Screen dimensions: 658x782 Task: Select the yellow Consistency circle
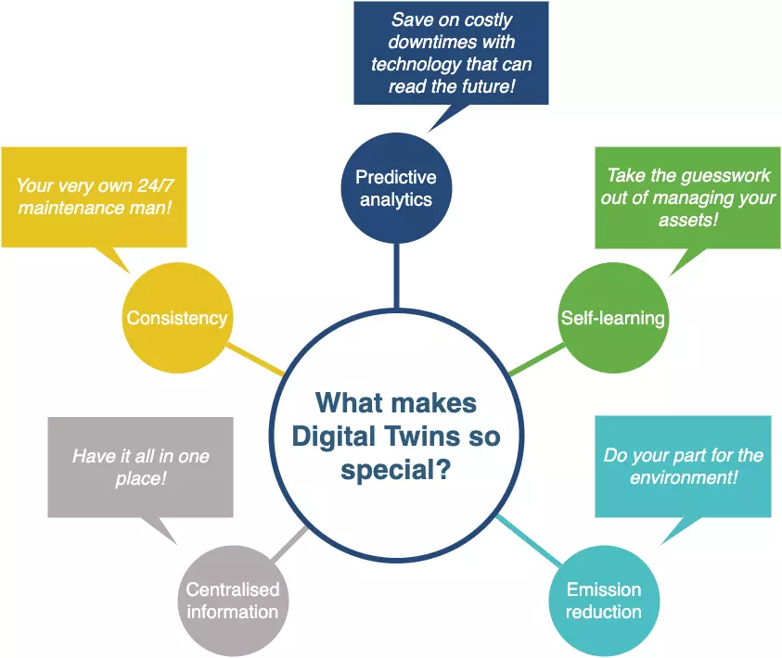click(176, 318)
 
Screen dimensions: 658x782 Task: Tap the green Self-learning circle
click(612, 318)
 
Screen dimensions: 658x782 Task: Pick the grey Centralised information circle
click(232, 601)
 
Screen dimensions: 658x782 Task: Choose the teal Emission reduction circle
click(604, 601)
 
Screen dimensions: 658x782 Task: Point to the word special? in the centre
click(396, 470)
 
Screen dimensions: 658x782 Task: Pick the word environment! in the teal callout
click(684, 477)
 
